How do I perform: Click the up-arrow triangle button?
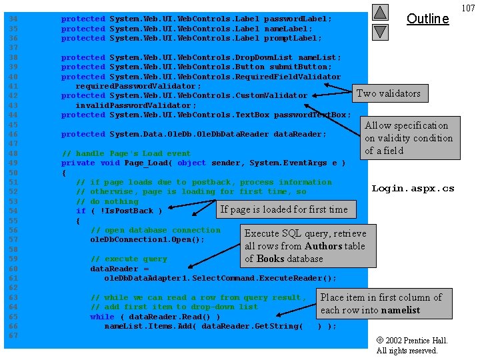click(x=380, y=12)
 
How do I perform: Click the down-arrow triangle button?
click(x=380, y=33)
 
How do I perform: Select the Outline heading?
click(x=427, y=19)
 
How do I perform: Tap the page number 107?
click(x=469, y=8)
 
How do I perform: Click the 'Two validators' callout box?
click(x=390, y=93)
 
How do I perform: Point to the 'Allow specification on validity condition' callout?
click(x=410, y=138)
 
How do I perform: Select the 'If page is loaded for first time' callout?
click(x=286, y=209)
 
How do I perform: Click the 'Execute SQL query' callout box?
click(x=308, y=246)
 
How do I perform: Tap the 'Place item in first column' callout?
click(x=384, y=304)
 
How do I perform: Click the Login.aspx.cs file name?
click(x=413, y=189)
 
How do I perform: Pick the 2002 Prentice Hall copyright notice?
click(x=412, y=345)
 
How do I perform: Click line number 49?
click(x=13, y=163)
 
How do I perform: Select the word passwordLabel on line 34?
click(x=295, y=19)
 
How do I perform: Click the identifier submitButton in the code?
click(x=298, y=67)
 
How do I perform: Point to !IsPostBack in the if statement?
click(x=127, y=211)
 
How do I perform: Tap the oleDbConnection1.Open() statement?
click(x=147, y=240)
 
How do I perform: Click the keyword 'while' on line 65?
click(x=102, y=317)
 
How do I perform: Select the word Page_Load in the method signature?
click(x=146, y=163)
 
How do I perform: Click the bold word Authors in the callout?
click(x=323, y=246)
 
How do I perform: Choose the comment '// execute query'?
click(x=129, y=259)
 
